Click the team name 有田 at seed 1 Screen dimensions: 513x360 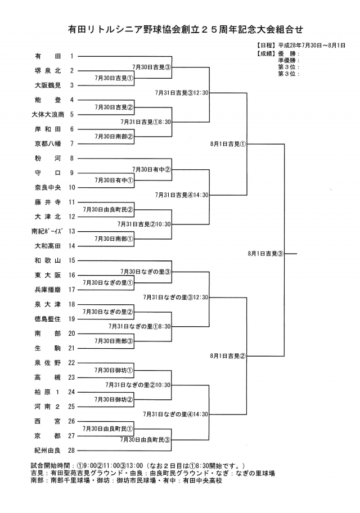tap(47, 56)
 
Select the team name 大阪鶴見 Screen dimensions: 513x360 tap(47, 85)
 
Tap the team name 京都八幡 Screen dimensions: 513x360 tap(47, 143)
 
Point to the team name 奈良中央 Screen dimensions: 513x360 tap(47, 187)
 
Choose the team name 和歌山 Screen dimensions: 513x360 tap(47, 260)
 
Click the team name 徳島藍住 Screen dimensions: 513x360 tap(47, 319)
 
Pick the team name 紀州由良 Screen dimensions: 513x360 tap(47, 450)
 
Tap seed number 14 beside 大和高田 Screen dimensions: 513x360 tap(72, 246)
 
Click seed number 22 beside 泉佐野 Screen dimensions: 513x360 tap(72, 363)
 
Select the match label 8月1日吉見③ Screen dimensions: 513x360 tap(265, 254)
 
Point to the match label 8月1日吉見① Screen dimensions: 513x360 tap(228, 144)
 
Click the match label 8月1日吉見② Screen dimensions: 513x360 tap(228, 356)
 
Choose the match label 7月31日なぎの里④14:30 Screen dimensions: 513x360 tap(175, 414)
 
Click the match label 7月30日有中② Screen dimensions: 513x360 tap(151, 169)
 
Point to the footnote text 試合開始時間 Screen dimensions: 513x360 tap(55, 466)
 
